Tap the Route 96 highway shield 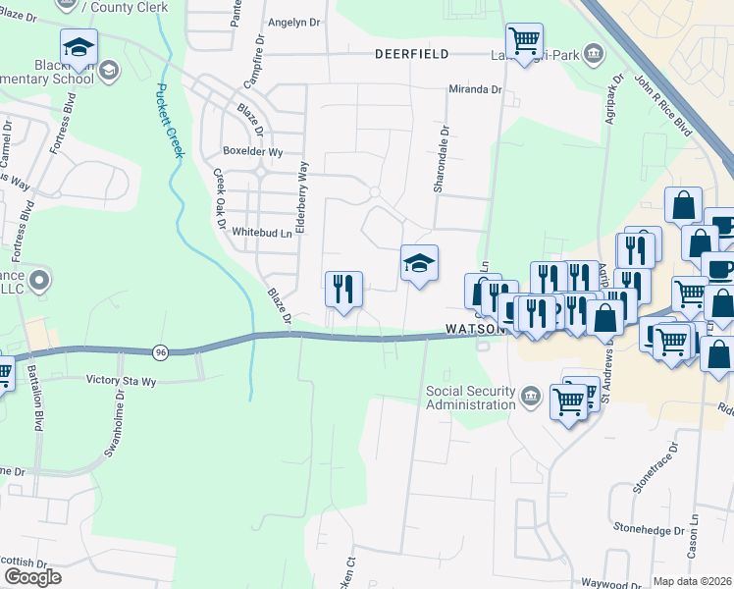tap(160, 351)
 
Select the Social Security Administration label tap(471, 398)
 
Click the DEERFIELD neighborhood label tap(411, 54)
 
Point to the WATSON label tap(474, 331)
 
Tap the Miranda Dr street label tap(474, 89)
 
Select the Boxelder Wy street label tap(253, 152)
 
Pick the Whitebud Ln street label tap(262, 233)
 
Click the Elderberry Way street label tap(304, 196)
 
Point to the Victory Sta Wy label tap(121, 379)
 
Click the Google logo tap(32, 577)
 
